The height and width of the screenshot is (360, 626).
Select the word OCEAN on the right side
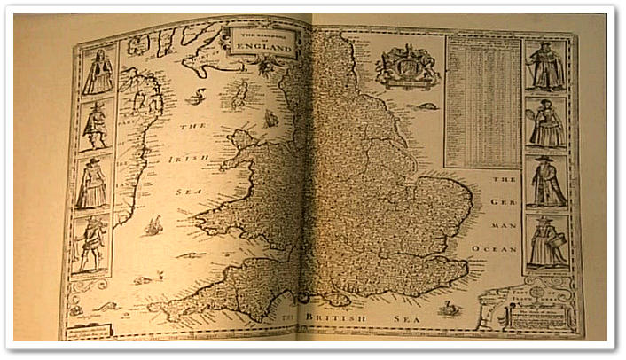504,250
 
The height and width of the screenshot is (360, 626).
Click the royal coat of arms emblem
407,66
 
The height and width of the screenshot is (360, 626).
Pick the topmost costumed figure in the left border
98,73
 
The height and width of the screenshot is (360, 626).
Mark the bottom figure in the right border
547,240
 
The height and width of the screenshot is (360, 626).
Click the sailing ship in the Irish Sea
153,227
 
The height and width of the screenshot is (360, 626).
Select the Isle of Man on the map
238,95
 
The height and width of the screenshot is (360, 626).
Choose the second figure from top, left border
95,126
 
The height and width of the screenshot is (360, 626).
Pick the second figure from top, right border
547,122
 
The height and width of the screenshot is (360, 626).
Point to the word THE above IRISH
193,127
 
